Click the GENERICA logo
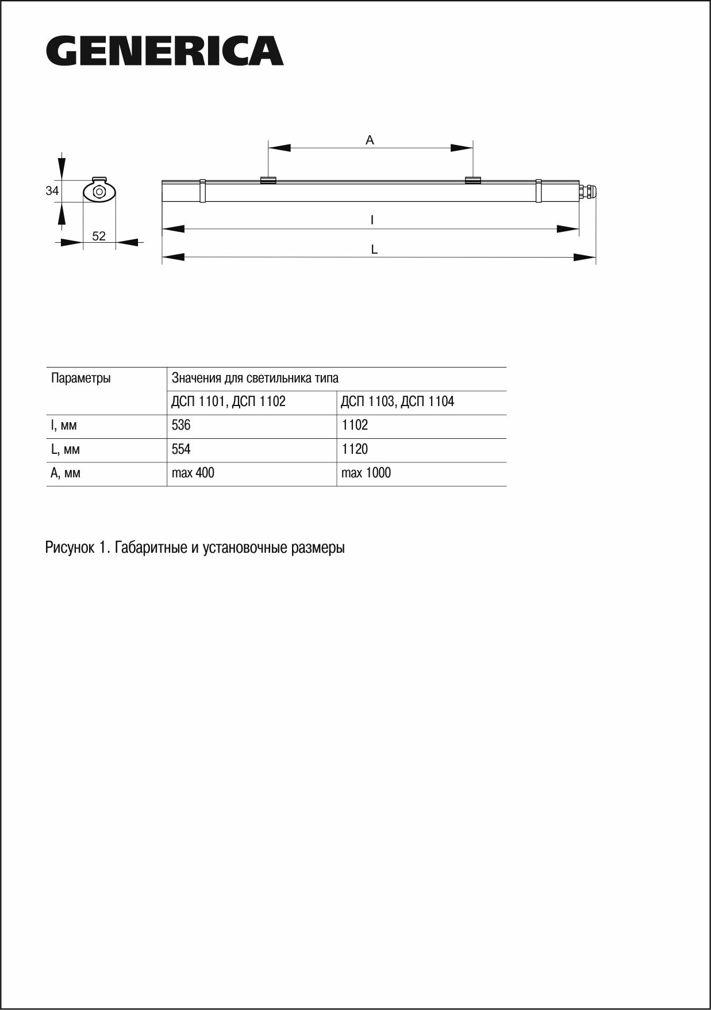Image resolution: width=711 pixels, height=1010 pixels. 164,51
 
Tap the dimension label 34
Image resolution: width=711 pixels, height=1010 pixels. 52,190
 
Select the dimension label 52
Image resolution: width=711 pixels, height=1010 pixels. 99,236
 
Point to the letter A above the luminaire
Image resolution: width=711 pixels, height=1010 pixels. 370,140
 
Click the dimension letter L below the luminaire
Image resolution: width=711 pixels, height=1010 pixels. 374,249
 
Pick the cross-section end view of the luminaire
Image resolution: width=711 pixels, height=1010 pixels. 99,191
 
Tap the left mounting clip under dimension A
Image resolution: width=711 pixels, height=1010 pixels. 268,180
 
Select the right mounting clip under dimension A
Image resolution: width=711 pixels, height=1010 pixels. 472,180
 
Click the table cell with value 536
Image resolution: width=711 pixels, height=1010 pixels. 181,425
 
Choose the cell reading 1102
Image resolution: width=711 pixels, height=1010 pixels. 355,425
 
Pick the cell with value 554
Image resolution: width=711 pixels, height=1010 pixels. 181,449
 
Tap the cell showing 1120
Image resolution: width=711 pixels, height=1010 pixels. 355,449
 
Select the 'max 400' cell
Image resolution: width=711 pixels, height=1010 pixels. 193,473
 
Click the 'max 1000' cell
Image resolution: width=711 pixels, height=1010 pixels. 366,473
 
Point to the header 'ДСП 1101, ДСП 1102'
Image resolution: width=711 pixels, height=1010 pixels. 228,401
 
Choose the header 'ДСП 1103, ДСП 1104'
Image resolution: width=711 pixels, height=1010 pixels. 397,401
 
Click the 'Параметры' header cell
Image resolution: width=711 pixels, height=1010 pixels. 81,378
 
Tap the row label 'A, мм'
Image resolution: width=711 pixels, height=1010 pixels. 66,473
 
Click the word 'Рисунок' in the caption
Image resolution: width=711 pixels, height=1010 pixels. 69,548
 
